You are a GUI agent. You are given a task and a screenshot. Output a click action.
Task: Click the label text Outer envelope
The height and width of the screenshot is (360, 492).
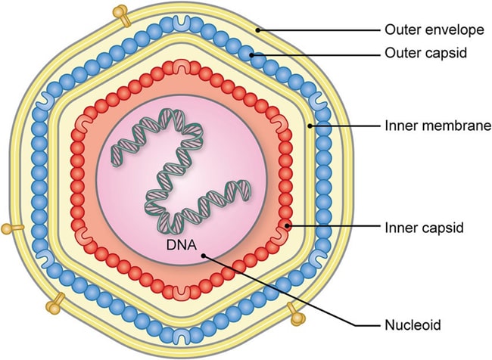tap(434, 31)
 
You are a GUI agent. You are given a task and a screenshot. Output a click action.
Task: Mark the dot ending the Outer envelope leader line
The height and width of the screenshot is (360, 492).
tap(257, 31)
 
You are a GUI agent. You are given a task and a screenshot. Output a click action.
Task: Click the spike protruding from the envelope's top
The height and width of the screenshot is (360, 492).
tap(120, 13)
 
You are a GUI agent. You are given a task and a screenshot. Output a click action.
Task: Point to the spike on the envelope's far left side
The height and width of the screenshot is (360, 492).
tap(7, 227)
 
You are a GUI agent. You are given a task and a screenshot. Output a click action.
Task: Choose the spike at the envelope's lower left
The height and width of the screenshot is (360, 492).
tap(54, 305)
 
